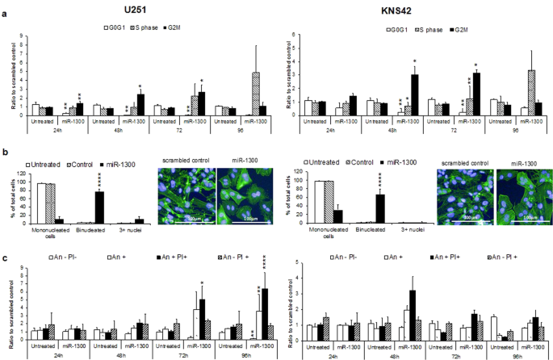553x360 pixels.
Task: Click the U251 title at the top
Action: coord(140,9)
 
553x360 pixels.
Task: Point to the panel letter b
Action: coord(7,152)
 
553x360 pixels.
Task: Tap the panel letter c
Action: coord(7,258)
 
